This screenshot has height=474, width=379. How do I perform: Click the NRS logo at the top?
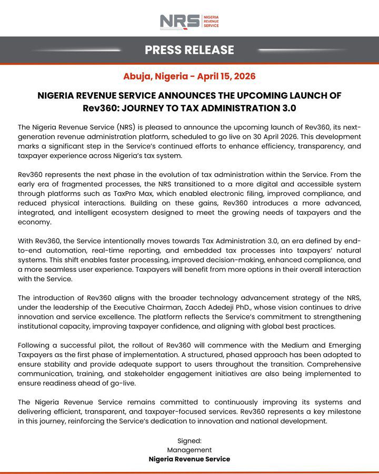point(189,22)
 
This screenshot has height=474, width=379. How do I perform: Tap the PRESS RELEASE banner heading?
point(189,50)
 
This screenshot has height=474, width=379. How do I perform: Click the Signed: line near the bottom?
point(189,441)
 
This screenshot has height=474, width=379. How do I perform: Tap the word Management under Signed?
point(189,450)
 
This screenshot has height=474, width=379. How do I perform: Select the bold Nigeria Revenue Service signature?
point(189,459)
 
